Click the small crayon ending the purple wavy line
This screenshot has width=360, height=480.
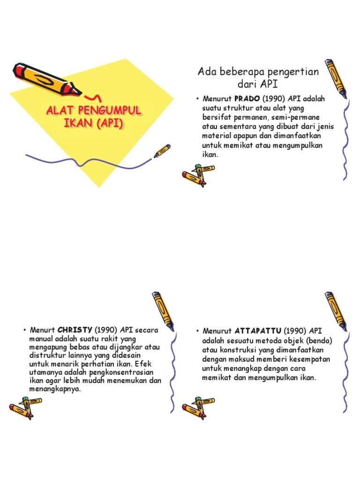point(162,151)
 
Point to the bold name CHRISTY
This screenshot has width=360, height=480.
point(75,330)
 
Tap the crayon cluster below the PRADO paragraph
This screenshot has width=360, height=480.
point(197,175)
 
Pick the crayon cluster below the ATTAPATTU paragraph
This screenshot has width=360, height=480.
point(197,407)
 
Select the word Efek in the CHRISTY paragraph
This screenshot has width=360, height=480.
point(150,364)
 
